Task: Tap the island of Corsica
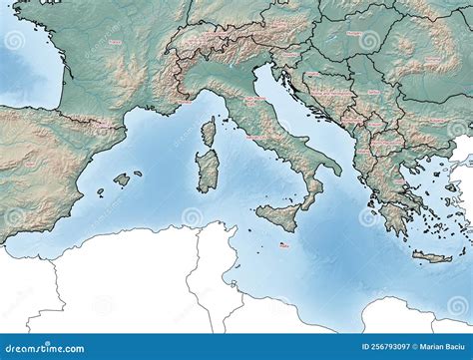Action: coord(210,131)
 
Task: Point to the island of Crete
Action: coord(431,257)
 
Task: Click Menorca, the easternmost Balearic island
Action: coord(138,174)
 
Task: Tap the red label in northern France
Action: coord(115,42)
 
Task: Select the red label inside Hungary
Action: coord(354,33)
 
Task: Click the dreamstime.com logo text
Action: coord(46,346)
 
